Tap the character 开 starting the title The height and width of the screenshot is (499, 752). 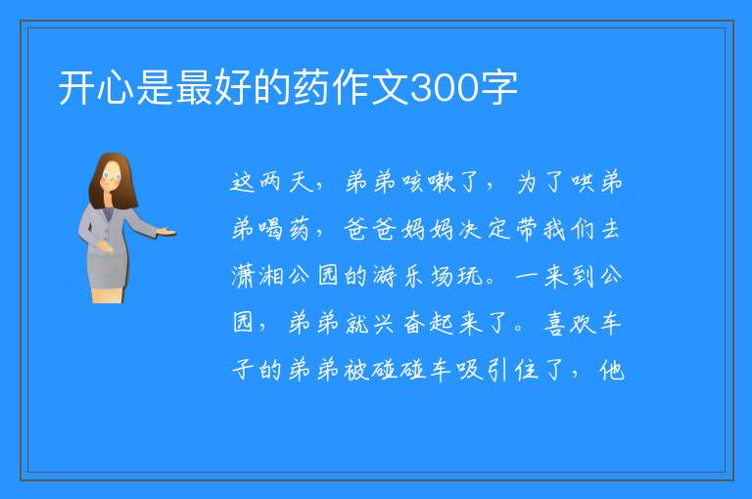pos(76,87)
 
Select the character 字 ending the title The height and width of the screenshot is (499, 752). pos(498,87)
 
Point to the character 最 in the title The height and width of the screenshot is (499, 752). pos(194,87)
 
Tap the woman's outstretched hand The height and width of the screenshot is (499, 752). pos(166,233)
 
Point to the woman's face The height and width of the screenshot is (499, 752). pos(112,176)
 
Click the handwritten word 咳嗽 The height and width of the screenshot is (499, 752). pos(429,182)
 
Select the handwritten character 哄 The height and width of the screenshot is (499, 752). pos(583,182)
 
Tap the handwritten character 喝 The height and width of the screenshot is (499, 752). pos(271,229)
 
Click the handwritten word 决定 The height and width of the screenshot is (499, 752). pos(484,229)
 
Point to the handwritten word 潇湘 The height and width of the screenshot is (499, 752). pos(258,276)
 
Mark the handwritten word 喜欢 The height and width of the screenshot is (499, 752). pos(569,323)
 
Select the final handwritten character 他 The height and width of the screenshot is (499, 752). pos(611,370)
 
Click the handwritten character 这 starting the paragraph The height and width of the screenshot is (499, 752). pos(243,182)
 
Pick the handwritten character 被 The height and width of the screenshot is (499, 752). pos(356,370)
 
